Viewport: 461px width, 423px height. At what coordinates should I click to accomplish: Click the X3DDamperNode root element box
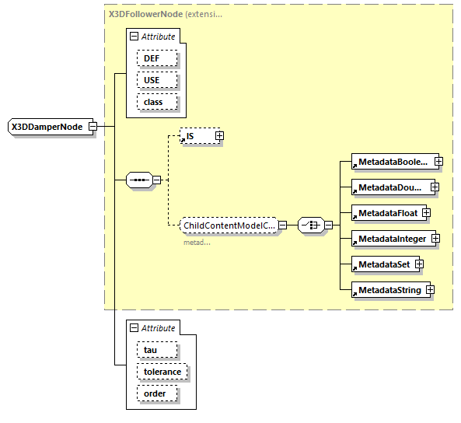click(x=47, y=126)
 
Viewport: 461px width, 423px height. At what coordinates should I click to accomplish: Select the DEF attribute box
click(x=157, y=58)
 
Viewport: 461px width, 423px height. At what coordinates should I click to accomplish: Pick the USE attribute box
click(x=157, y=80)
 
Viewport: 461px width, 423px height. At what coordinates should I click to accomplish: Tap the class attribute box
click(x=157, y=102)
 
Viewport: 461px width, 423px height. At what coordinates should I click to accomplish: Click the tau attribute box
click(x=156, y=351)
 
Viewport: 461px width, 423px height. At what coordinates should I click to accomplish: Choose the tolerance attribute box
click(x=162, y=372)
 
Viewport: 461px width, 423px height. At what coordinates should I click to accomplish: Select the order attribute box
click(x=156, y=393)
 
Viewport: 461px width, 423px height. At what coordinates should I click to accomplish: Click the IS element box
click(x=197, y=136)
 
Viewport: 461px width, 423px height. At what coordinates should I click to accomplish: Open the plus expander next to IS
click(x=219, y=136)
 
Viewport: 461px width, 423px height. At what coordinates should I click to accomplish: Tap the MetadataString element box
click(x=386, y=290)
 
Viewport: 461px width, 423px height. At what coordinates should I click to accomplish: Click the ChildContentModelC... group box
click(x=228, y=225)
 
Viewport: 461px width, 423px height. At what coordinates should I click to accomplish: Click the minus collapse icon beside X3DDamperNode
click(x=93, y=126)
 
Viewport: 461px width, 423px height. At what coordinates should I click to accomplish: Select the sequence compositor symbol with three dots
click(x=139, y=180)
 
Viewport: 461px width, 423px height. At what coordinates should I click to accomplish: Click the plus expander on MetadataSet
click(x=419, y=264)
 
